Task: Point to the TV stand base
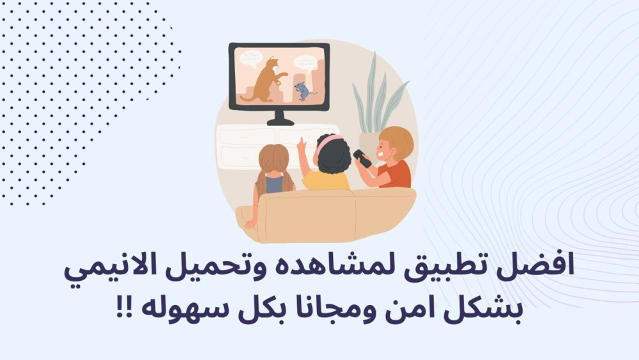pyautogui.click(x=280, y=121)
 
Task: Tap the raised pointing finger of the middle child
pyautogui.click(x=301, y=143)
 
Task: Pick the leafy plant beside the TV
pyautogui.click(x=377, y=96)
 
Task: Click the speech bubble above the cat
pyautogui.click(x=250, y=58)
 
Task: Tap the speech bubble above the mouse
pyautogui.click(x=305, y=63)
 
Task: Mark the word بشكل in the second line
pyautogui.click(x=488, y=311)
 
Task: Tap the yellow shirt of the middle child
pyautogui.click(x=325, y=180)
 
